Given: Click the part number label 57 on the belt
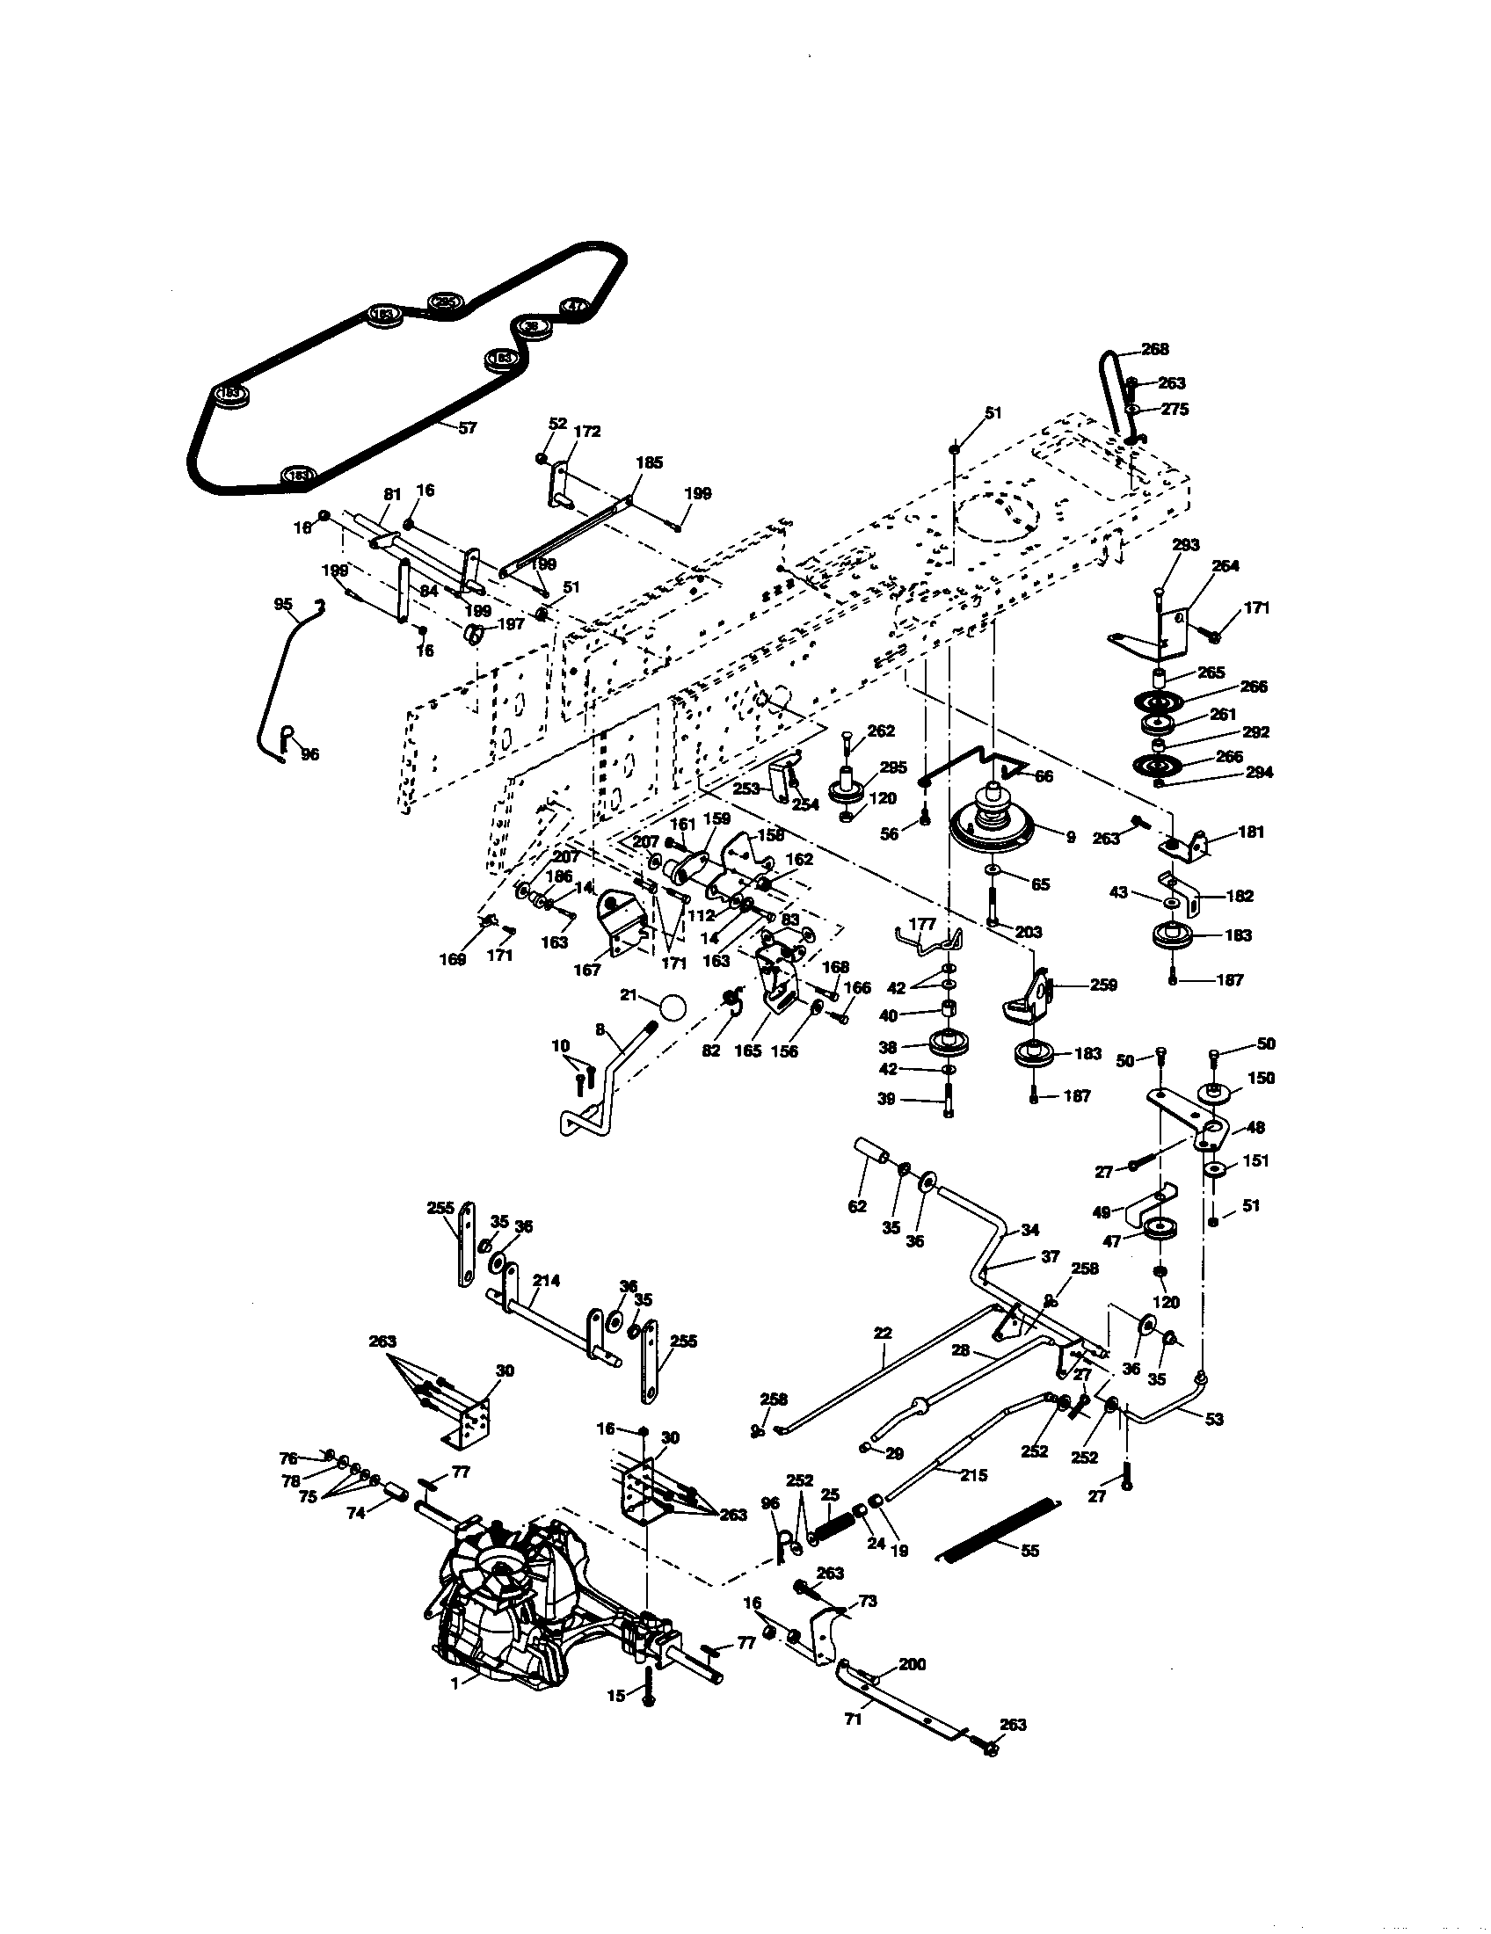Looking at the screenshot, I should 468,428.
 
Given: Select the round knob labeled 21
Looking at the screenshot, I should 673,1008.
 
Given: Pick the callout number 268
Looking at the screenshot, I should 1154,349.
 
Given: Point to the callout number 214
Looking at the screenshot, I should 546,1281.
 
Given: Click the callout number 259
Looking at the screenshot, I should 1103,985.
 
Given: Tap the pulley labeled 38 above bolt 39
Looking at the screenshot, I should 948,1043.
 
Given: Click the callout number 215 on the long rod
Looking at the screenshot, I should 972,1475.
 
